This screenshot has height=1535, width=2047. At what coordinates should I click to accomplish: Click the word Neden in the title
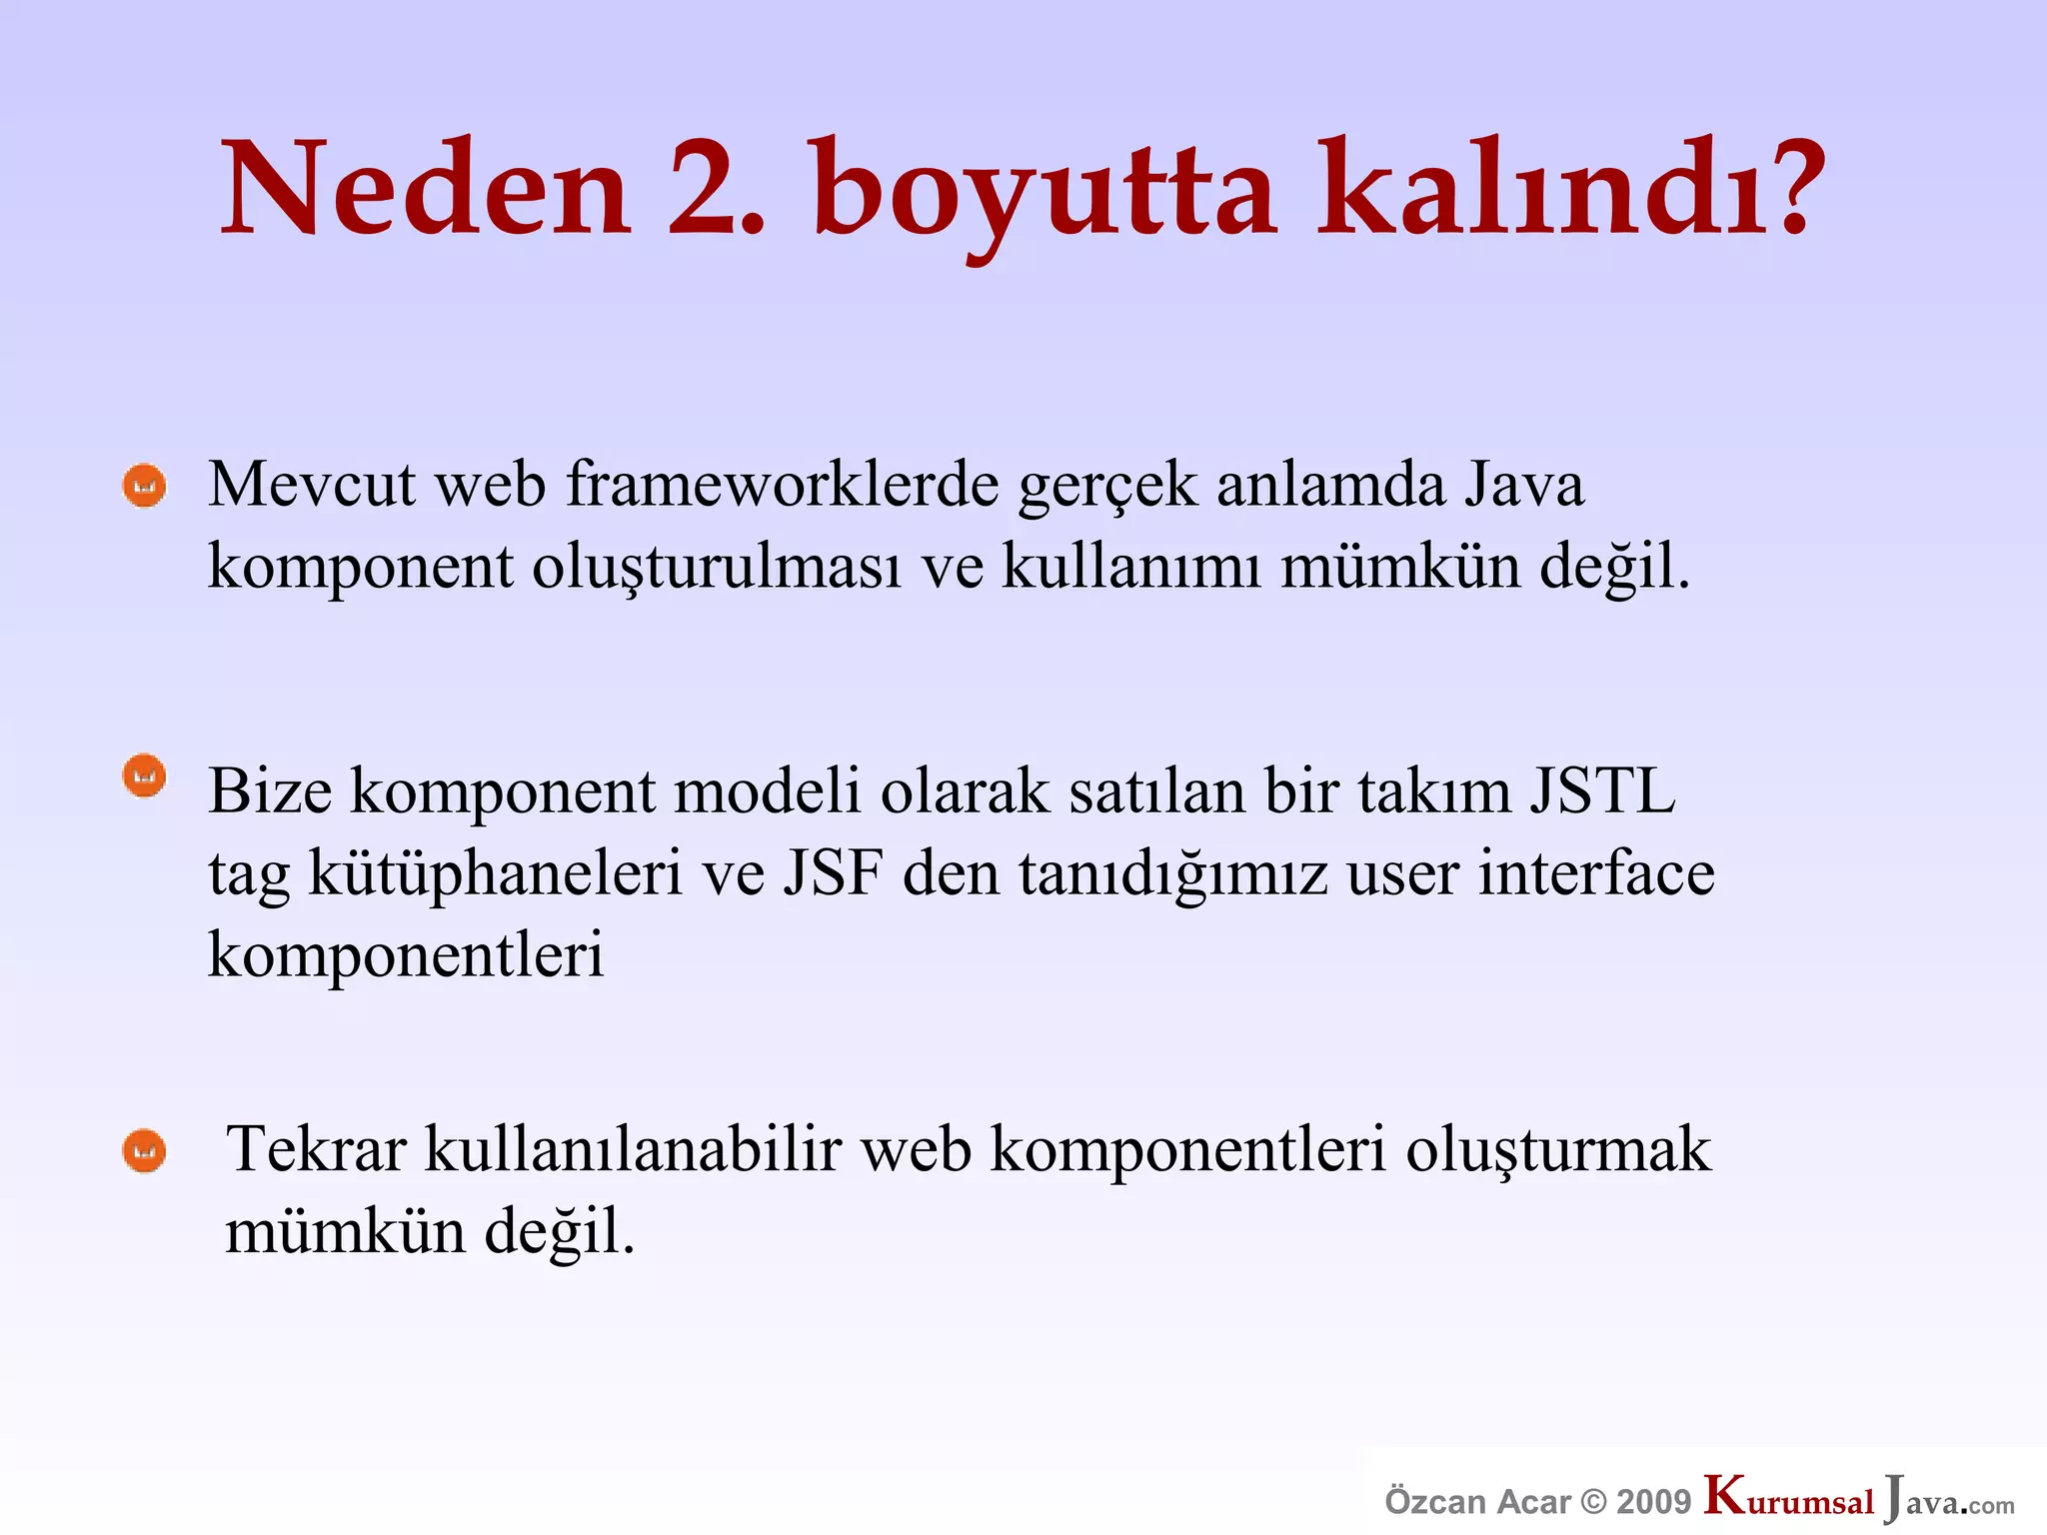(425, 190)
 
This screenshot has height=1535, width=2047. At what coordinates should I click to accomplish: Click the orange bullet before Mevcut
(144, 487)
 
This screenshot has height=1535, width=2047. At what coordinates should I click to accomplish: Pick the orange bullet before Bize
(144, 776)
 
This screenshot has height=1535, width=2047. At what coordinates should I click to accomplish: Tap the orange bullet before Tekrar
(144, 1151)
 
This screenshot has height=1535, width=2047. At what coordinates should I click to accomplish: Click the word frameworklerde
(783, 486)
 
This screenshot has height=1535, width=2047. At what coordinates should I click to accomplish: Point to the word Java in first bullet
(1523, 486)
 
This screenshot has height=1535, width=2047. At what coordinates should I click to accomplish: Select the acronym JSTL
(1601, 791)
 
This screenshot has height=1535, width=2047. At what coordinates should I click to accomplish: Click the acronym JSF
(833, 873)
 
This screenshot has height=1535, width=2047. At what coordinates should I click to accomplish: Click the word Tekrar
(316, 1149)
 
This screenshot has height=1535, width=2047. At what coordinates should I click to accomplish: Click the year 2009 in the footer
(1653, 1502)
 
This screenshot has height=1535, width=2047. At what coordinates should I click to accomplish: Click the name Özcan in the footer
(1435, 1502)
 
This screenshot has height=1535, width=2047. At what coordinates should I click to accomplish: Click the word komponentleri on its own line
(406, 955)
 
